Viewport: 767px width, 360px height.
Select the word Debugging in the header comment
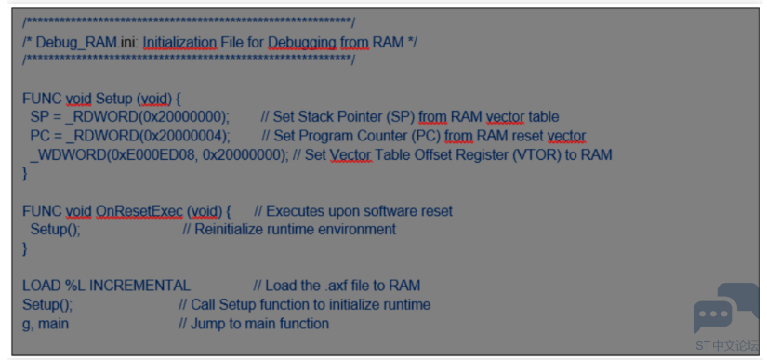point(302,43)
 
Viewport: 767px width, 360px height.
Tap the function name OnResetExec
point(139,211)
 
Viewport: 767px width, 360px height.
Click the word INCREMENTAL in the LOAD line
point(139,286)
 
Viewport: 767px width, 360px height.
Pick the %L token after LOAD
point(75,286)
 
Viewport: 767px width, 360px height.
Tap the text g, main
point(46,324)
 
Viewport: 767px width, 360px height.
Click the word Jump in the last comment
point(209,324)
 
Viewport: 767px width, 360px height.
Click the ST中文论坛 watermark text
point(727,346)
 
